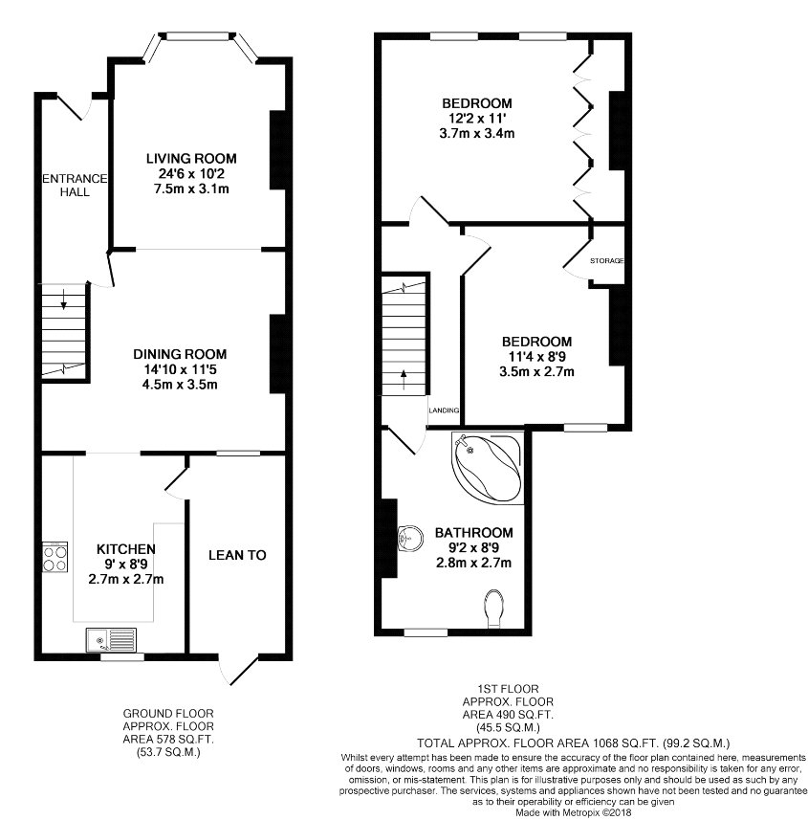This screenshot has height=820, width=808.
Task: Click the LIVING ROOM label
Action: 191,159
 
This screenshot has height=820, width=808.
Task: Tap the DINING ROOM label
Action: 180,354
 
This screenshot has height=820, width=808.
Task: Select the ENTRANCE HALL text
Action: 75,185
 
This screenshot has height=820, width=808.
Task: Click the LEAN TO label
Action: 237,555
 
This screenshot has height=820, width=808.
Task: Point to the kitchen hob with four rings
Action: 55,558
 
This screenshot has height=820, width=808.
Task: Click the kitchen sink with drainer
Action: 111,640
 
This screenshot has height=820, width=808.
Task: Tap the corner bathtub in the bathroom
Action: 488,468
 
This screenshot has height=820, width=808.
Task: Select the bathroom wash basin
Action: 411,539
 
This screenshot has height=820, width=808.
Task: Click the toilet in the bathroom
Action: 494,609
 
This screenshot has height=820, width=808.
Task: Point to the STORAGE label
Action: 607,260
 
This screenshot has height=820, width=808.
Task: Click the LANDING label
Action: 444,410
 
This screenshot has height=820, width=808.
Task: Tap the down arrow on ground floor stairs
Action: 64,299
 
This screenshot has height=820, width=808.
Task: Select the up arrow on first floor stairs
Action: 404,380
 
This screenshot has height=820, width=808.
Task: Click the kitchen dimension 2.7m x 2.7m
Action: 126,579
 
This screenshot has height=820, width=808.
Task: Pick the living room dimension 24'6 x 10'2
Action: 192,173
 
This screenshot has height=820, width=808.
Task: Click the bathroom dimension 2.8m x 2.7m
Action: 473,563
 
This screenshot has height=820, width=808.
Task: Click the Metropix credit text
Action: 574,812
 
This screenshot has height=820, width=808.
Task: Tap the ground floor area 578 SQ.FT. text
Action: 168,740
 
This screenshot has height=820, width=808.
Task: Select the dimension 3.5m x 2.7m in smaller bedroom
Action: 536,372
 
